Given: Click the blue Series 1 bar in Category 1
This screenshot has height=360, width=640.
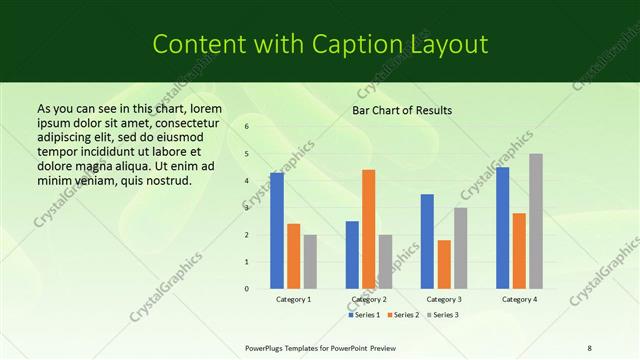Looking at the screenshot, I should coord(277,231).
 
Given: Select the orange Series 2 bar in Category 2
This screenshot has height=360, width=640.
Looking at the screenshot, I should coord(369,229).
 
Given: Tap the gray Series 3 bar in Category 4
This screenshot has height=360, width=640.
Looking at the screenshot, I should coord(536,221).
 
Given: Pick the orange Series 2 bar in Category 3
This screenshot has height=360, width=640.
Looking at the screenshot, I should coord(444,264).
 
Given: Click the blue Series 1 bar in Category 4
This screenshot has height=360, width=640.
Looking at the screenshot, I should coord(502,228).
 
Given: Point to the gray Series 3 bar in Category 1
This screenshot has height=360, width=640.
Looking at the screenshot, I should coord(310,262).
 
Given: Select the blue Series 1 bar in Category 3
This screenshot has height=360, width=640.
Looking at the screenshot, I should coord(427,241).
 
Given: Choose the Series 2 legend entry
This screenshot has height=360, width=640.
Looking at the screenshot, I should coord(403,315).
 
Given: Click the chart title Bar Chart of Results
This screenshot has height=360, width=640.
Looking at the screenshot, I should coord(402,110).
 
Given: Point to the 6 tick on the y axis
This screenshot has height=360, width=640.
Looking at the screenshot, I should coord(246,127).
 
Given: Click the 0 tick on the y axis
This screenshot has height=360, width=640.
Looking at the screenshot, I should coord(246,289).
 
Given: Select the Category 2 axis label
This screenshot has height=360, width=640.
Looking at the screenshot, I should coord(369,299).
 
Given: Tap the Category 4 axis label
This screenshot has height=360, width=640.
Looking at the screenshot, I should coord(519,299).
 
